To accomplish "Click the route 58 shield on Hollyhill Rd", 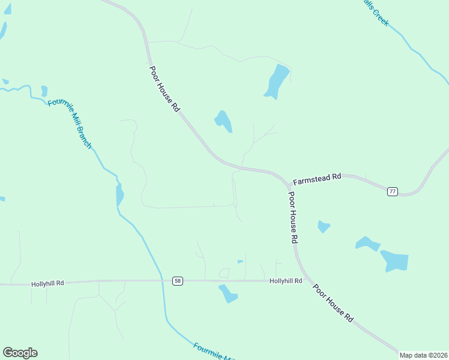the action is pos(177,281).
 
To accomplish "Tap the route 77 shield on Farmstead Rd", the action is pos(392,191).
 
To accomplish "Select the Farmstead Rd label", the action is pos(316,179).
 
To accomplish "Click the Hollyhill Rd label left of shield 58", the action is pos(47,283).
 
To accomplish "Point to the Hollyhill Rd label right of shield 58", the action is pos(285,281).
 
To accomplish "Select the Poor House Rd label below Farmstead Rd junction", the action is pos(293,217).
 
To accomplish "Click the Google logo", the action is pos(20,353).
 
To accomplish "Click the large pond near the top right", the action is pos(276,81).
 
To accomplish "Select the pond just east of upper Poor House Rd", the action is pos(223,121).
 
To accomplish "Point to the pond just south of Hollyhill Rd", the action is pos(228,293).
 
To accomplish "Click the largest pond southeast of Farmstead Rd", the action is pos(394,260).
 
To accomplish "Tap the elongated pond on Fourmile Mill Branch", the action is pos(119,194).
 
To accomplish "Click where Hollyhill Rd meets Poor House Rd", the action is pos(305,280).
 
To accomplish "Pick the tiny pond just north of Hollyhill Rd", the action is pos(240,262).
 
